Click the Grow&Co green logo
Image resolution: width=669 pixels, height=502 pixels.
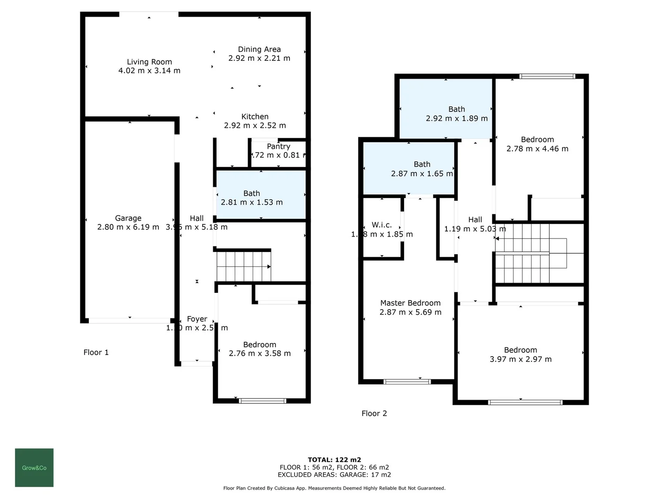click(x=34, y=468)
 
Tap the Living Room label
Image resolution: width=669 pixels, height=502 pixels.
click(x=149, y=62)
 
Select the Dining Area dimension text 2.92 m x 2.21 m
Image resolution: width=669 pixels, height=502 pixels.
click(x=259, y=58)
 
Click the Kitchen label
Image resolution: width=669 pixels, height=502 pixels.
click(x=255, y=117)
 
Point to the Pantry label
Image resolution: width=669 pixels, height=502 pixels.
click(x=278, y=146)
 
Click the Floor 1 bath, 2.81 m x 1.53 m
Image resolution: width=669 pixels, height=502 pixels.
click(x=261, y=195)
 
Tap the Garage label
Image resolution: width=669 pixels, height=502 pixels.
click(x=128, y=218)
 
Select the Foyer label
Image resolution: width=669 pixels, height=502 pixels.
click(x=197, y=319)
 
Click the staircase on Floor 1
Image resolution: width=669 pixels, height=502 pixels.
click(x=243, y=266)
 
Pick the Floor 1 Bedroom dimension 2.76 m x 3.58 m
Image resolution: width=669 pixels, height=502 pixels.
click(x=260, y=353)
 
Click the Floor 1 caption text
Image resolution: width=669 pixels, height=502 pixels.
click(x=96, y=352)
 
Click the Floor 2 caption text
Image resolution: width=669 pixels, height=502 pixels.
click(x=374, y=413)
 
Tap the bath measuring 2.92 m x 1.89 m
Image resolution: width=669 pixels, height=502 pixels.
click(x=446, y=109)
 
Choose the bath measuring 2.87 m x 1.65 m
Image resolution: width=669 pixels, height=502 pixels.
click(x=408, y=168)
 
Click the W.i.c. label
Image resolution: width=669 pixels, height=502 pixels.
click(x=381, y=225)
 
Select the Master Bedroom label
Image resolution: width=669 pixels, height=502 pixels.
click(x=410, y=303)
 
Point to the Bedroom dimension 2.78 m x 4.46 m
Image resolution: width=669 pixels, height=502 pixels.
click(x=538, y=149)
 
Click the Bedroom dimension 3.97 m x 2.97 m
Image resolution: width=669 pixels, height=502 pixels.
click(x=520, y=359)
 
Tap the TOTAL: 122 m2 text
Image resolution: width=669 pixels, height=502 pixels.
click(x=334, y=460)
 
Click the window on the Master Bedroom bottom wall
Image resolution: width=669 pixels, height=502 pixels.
click(x=407, y=382)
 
